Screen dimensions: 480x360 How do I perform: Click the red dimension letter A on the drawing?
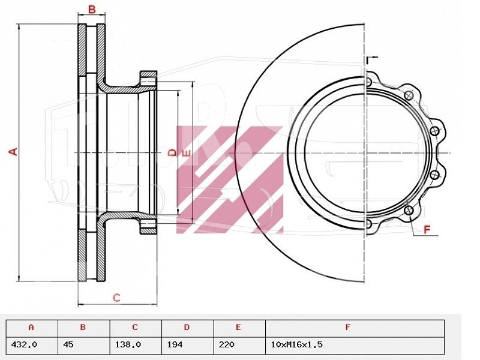pyautogui.click(x=13, y=152)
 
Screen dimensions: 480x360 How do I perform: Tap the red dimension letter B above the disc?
pyautogui.click(x=92, y=10)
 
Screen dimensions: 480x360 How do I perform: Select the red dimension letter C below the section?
pyautogui.click(x=116, y=297)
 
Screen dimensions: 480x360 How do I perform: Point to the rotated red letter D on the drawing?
pyautogui.click(x=173, y=152)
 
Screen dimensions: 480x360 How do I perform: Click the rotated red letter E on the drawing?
pyautogui.click(x=186, y=154)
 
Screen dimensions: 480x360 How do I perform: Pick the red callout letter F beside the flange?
pyautogui.click(x=427, y=229)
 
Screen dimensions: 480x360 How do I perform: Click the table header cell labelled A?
pyautogui.click(x=32, y=327)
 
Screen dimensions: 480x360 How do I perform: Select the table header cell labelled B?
pyautogui.click(x=83, y=327)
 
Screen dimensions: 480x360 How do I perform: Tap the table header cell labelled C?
pyautogui.click(x=136, y=327)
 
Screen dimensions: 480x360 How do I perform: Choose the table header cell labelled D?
pyautogui.click(x=187, y=327)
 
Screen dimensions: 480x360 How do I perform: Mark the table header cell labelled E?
pyautogui.click(x=239, y=327)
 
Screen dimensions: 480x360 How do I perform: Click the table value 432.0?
pyautogui.click(x=24, y=344)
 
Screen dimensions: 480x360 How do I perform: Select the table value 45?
pyautogui.click(x=68, y=344)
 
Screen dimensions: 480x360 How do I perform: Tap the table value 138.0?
pyautogui.click(x=128, y=344)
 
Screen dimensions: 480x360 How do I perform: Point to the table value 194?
pyautogui.click(x=175, y=344)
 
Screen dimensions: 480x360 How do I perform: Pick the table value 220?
pyautogui.click(x=227, y=344)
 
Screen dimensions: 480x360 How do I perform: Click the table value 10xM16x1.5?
pyautogui.click(x=296, y=344)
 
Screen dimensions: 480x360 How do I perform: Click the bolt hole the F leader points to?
pyautogui.click(x=409, y=211)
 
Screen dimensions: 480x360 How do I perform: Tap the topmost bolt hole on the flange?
pyautogui.click(x=368, y=82)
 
